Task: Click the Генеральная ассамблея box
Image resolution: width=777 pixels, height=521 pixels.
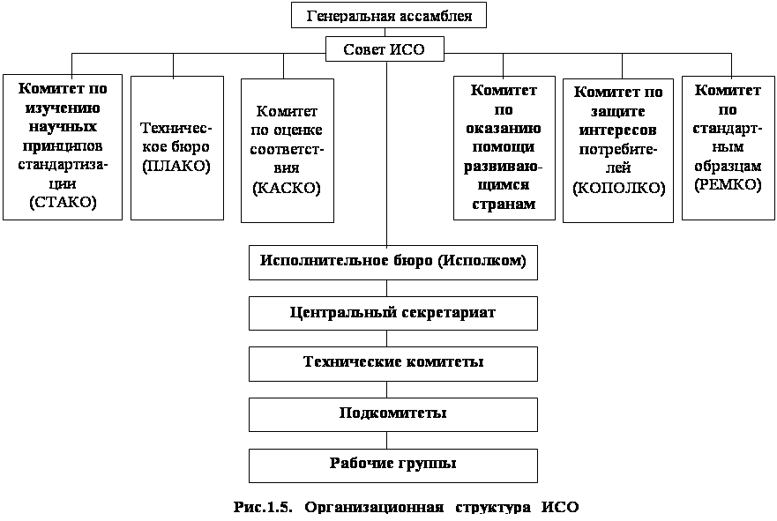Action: click(x=388, y=15)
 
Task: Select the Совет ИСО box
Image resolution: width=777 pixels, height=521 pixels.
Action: click(x=384, y=49)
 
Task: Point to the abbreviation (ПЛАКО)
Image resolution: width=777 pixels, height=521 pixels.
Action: click(x=176, y=164)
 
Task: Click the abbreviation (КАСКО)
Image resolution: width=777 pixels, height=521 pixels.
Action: click(x=287, y=189)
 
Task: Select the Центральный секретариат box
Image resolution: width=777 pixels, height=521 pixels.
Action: click(x=392, y=313)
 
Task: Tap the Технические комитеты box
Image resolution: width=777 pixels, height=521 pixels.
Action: click(x=392, y=363)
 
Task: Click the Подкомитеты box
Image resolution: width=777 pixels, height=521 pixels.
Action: click(x=392, y=413)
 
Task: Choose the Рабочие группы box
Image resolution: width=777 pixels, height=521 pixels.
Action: click(x=392, y=464)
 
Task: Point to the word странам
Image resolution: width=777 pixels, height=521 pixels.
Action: click(x=504, y=204)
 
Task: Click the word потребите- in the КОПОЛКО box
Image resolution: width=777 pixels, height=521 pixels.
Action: click(x=618, y=149)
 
